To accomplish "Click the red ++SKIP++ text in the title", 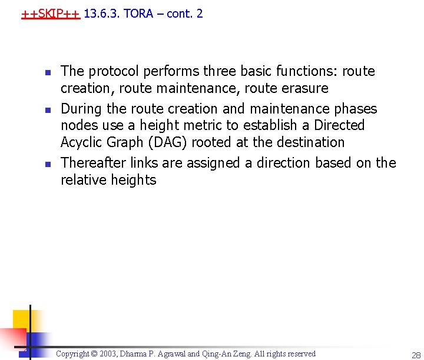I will [x=50, y=14].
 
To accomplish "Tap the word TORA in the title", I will [x=138, y=14].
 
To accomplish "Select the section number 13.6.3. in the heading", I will [x=102, y=14].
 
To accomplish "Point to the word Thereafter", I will [x=92, y=163].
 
